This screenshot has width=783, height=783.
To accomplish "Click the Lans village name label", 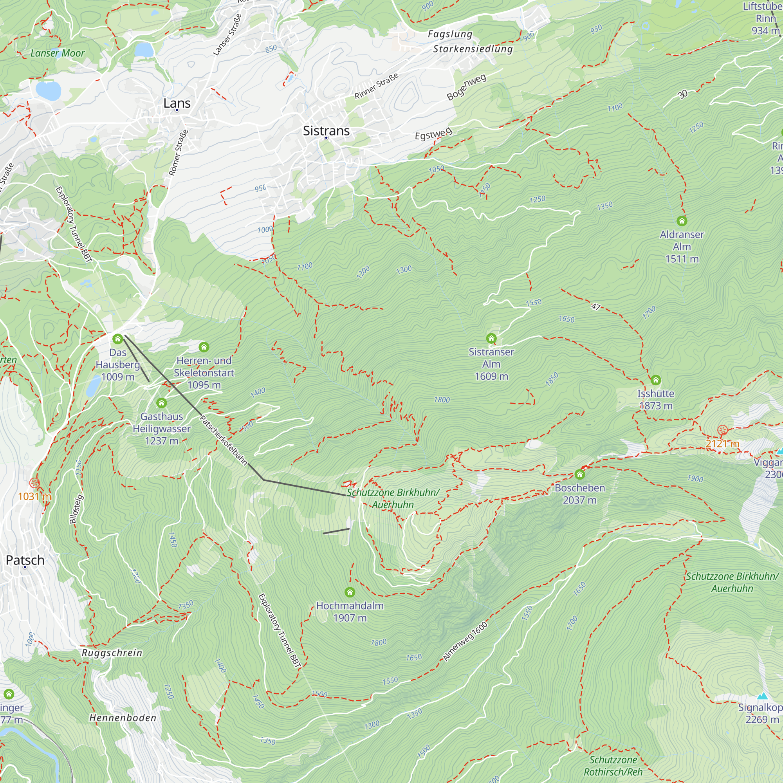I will pyautogui.click(x=177, y=103).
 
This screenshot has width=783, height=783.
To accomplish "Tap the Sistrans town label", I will pyautogui.click(x=326, y=131).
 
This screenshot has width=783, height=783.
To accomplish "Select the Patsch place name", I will pyautogui.click(x=25, y=560).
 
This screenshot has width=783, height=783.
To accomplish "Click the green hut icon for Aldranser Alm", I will pyautogui.click(x=682, y=221).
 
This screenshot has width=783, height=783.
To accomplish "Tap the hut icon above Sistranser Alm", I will pyautogui.click(x=491, y=338).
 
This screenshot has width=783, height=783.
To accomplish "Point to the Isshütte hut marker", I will pyautogui.click(x=655, y=380).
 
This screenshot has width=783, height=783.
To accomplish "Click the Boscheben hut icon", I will pyautogui.click(x=579, y=474).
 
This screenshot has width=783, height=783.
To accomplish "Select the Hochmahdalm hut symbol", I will pyautogui.click(x=350, y=592).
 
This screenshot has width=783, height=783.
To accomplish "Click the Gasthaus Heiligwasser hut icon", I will pyautogui.click(x=161, y=403).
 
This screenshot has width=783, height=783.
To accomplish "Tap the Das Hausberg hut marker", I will pyautogui.click(x=117, y=339).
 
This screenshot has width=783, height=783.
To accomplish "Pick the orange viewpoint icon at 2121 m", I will pyautogui.click(x=722, y=430).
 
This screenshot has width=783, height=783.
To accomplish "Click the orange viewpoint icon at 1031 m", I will pyautogui.click(x=34, y=483).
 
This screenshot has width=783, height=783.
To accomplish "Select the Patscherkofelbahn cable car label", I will pyautogui.click(x=223, y=440).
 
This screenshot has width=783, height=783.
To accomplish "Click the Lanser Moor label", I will pyautogui.click(x=58, y=53).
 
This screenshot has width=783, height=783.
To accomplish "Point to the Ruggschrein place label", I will pyautogui.click(x=112, y=653).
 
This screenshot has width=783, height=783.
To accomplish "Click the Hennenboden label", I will pyautogui.click(x=123, y=718).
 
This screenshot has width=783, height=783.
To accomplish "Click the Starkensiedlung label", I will pyautogui.click(x=473, y=49).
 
